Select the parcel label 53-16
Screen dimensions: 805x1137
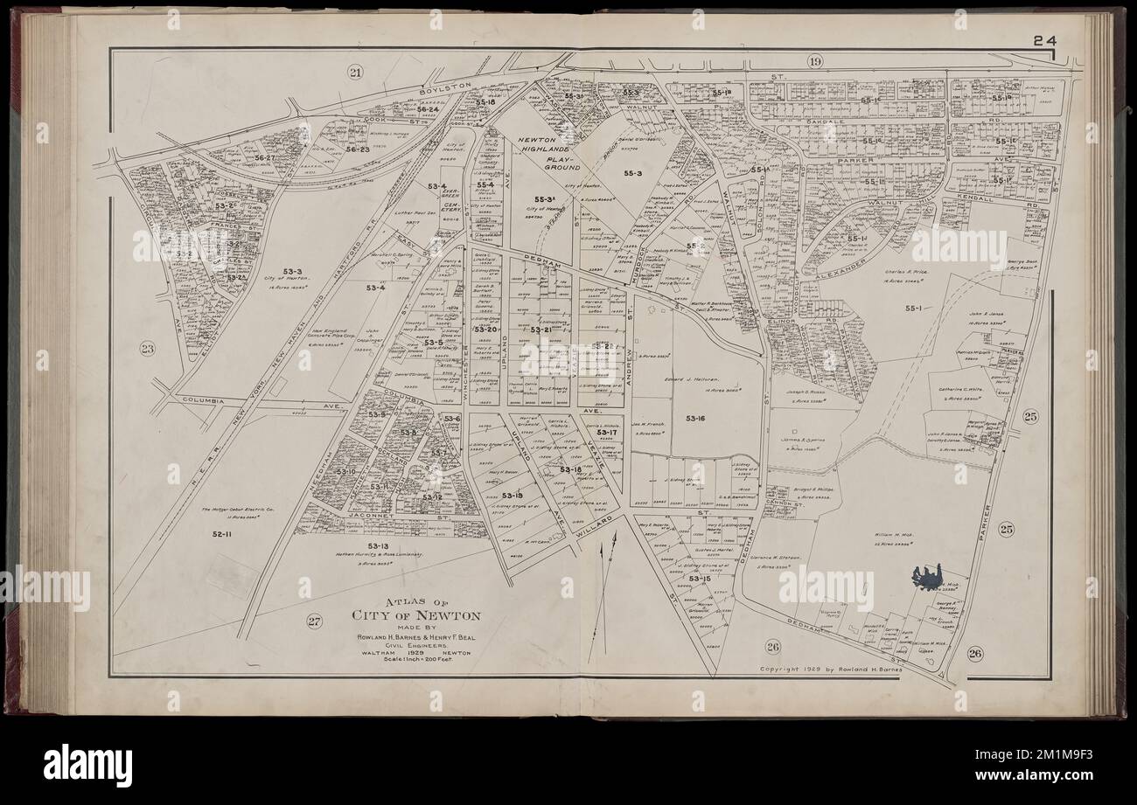click(x=695, y=419)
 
